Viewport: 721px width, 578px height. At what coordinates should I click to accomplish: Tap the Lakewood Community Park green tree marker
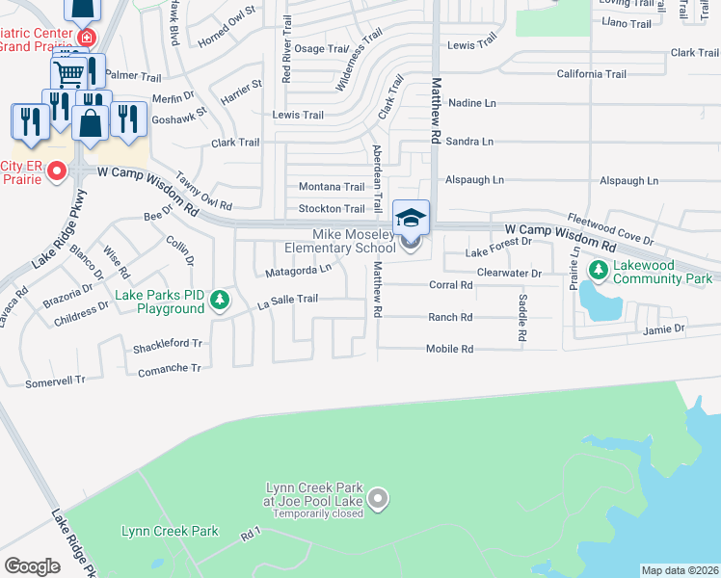coord(599,269)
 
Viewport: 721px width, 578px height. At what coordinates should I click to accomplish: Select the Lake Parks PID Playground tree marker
coord(221,300)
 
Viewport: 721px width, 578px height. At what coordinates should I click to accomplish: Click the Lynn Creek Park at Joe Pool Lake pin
coord(379,499)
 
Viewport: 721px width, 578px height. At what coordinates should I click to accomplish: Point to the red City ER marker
coord(57,172)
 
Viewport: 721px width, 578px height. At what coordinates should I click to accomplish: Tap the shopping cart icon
coord(68,73)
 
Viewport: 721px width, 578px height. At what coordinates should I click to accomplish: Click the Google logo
coord(32,565)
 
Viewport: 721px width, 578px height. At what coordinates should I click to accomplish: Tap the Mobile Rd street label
coord(449,349)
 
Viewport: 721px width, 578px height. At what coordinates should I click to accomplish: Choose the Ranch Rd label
coord(449,317)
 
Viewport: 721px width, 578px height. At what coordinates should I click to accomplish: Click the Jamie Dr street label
coord(664,328)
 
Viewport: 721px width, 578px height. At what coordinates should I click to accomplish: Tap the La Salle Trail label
coord(287,299)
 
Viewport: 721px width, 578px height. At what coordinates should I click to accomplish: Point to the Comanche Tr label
coord(169,368)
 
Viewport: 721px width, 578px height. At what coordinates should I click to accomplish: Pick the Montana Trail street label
coord(331,186)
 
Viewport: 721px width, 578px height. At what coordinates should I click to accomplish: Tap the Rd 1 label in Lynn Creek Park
coord(252,532)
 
